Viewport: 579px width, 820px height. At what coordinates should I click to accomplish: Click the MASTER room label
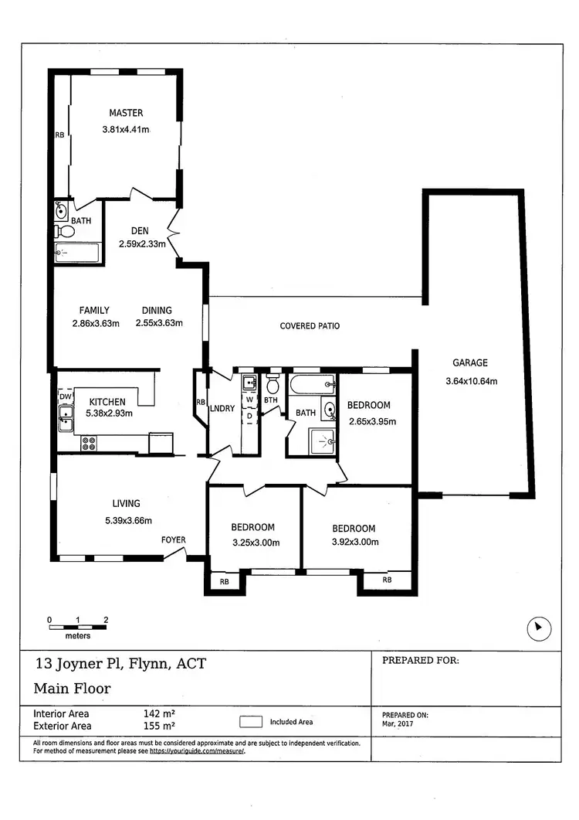point(126,113)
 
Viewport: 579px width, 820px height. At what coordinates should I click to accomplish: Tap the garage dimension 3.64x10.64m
point(471,381)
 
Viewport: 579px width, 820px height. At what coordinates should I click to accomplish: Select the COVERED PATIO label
point(310,326)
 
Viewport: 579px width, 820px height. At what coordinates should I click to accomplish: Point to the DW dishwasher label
point(66,396)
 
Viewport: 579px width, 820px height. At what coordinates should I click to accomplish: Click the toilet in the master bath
point(66,231)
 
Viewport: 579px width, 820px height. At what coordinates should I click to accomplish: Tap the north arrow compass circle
point(539,629)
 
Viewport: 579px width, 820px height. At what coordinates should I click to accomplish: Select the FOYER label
point(173,539)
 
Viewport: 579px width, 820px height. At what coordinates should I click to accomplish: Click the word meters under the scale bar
point(77,636)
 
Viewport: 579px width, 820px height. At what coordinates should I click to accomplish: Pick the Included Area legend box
point(250,722)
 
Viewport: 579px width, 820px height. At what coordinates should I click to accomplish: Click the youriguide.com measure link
point(197,751)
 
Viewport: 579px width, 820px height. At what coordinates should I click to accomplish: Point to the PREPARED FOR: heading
point(421,661)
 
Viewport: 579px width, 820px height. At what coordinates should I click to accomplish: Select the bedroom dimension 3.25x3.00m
point(255,543)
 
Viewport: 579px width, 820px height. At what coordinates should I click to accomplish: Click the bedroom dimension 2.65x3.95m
point(371,422)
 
